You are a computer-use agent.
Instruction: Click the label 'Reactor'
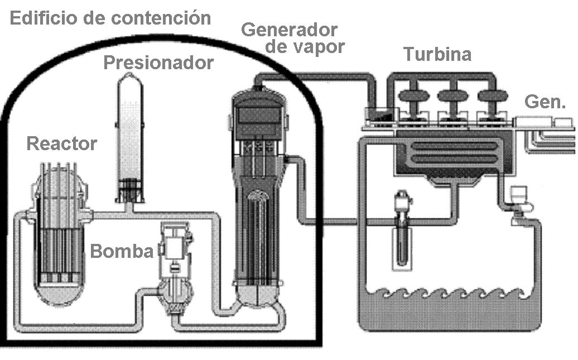pyautogui.click(x=61, y=144)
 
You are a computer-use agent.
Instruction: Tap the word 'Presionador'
pyautogui.click(x=158, y=63)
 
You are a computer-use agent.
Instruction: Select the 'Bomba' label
pyautogui.click(x=122, y=251)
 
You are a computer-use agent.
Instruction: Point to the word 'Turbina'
pyautogui.click(x=437, y=54)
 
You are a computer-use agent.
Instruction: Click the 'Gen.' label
pyautogui.click(x=546, y=102)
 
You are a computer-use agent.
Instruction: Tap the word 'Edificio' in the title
pyautogui.click(x=44, y=18)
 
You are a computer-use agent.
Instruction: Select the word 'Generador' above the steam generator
pyautogui.click(x=289, y=29)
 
